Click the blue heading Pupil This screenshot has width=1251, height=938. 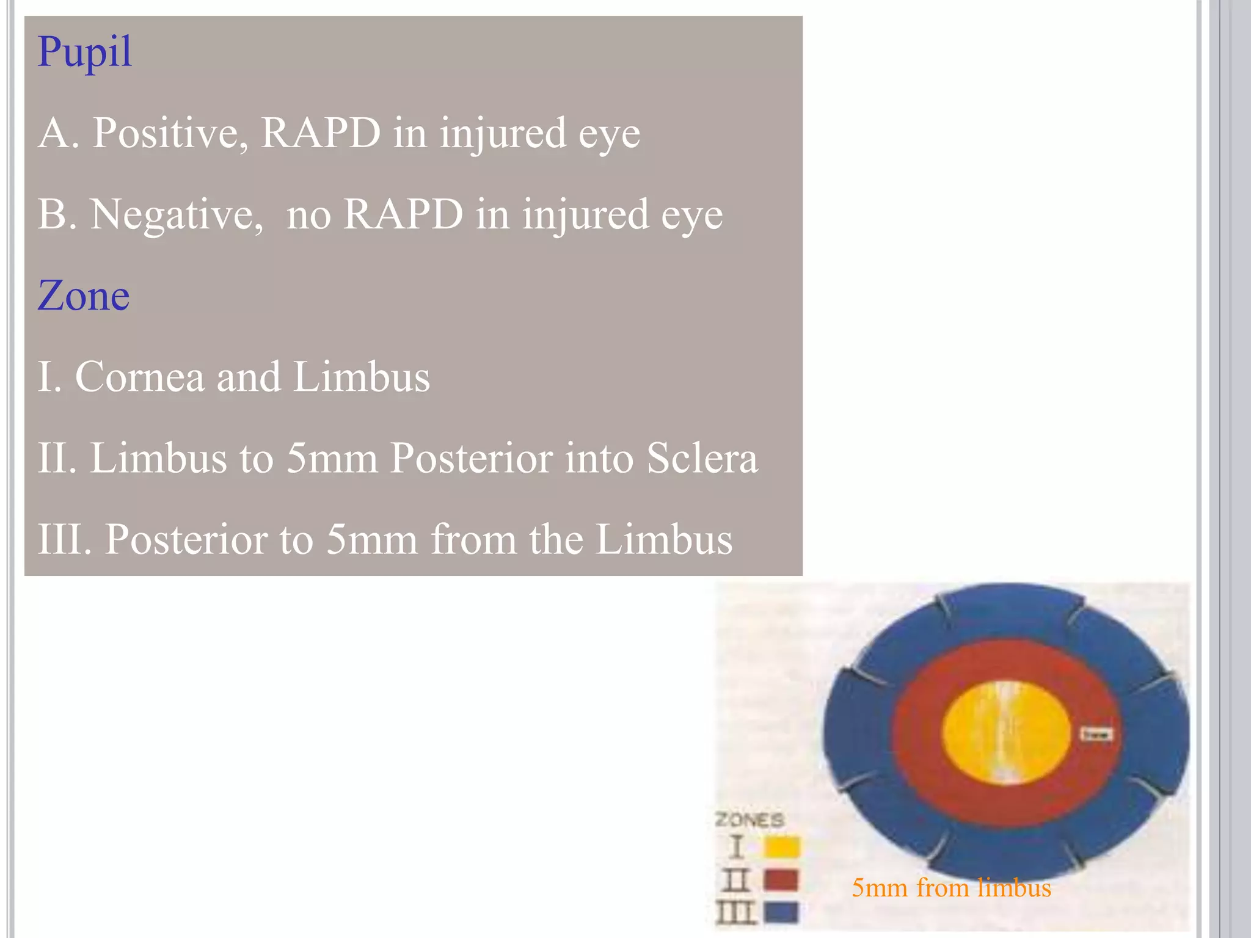click(84, 53)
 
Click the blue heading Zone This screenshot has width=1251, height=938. click(84, 296)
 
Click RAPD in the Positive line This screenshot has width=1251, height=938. click(321, 133)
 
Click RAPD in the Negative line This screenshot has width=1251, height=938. click(403, 215)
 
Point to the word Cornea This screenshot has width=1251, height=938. click(139, 377)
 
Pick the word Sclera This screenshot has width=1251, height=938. click(702, 458)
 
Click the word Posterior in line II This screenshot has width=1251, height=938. click(470, 458)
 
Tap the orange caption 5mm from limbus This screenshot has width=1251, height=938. click(951, 888)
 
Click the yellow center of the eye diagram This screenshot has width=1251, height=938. click(1007, 733)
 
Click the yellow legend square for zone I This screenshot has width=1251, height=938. click(781, 847)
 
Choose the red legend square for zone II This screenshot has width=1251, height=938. click(781, 880)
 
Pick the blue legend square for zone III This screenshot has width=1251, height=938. click(781, 912)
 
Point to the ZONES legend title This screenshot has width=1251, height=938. click(750, 820)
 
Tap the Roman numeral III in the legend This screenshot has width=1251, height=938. click(736, 912)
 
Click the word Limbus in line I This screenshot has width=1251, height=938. click(362, 377)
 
